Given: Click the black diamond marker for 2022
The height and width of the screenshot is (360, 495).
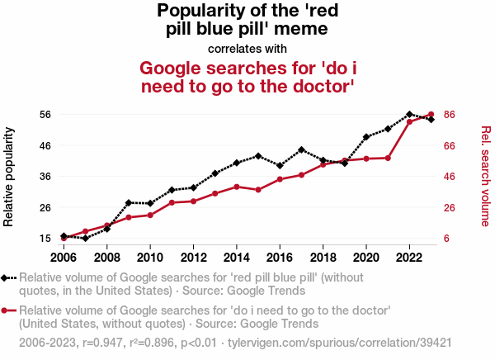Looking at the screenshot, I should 409,114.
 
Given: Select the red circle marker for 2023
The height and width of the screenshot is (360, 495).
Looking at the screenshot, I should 431,115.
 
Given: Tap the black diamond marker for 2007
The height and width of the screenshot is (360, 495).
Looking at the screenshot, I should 86,238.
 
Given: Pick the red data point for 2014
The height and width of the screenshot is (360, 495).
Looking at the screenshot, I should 237,187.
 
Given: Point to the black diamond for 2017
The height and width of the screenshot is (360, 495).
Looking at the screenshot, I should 301,149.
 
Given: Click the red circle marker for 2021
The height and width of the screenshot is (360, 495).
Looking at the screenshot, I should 388,158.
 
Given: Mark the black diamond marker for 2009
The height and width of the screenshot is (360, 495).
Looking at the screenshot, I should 129,202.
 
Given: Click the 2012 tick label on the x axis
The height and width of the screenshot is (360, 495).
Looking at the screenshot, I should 193,247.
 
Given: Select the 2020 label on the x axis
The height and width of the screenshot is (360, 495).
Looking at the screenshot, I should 366,247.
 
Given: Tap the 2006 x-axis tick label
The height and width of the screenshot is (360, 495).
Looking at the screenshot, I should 64,247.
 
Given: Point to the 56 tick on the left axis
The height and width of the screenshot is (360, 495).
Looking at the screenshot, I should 45,114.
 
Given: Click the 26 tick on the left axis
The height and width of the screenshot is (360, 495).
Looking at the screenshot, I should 45,207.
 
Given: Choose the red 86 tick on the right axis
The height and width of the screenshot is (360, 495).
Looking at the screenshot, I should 450,114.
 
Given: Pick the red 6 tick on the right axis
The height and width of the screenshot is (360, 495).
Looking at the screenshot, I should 447,238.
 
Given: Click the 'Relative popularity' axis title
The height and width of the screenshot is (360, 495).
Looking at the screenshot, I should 10,176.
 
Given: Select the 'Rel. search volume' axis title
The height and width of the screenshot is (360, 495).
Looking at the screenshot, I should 485,176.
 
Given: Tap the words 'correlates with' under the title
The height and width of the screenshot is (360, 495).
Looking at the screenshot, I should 247,49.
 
